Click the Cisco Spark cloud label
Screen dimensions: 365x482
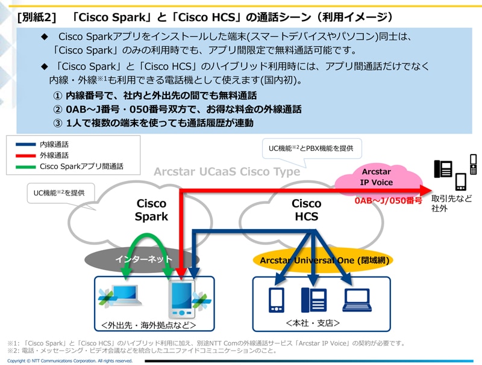[151, 210]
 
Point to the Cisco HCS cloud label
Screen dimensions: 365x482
[306, 210]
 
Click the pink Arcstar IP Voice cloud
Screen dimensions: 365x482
[377, 177]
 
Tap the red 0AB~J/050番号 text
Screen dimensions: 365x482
[389, 200]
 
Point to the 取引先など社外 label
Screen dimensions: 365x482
[452, 203]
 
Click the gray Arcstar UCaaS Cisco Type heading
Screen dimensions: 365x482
[227, 172]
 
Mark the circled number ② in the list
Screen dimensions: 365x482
[58, 109]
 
